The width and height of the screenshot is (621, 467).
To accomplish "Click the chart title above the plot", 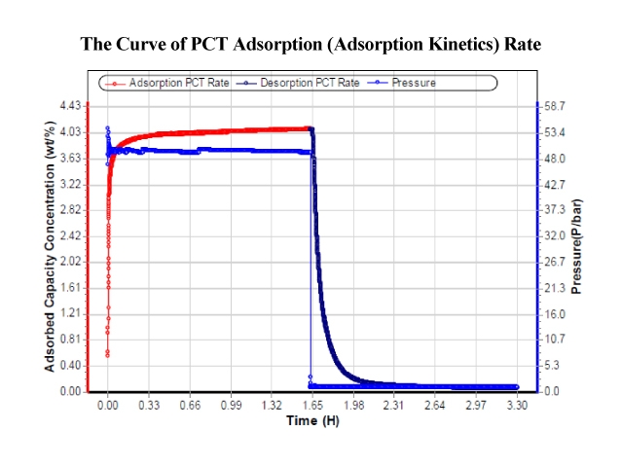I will click(310, 44).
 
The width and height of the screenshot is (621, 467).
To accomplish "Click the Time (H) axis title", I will click(310, 421).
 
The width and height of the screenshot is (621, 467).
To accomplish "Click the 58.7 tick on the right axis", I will click(553, 105).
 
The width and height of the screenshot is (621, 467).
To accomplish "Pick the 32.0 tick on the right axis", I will click(553, 235).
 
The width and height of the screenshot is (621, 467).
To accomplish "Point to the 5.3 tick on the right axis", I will click(551, 366).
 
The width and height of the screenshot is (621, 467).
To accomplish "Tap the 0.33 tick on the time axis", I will click(149, 405).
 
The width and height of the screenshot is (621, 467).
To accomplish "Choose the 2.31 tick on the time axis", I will click(394, 405).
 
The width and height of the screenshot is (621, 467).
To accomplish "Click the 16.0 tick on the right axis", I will click(553, 314).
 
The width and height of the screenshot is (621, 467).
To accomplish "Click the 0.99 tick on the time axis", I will click(231, 405).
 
